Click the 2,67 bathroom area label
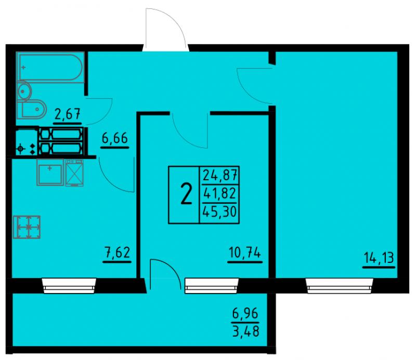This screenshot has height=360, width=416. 68,114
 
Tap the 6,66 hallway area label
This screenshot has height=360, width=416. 115,138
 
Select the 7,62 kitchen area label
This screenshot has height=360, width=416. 117,252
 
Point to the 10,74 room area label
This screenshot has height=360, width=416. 245,252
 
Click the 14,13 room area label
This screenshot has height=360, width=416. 379,258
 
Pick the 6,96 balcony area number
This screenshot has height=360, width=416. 245,314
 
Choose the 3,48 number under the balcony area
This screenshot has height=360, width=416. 245,331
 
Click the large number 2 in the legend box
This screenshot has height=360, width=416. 186,194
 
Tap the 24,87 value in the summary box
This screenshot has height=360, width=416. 220,175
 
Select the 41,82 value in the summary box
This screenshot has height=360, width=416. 219,194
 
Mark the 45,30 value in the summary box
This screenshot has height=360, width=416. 219,212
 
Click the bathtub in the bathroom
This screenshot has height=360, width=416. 50,67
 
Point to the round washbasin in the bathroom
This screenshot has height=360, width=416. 24,91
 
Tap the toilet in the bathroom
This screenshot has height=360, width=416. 31,109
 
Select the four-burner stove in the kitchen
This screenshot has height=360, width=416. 27,227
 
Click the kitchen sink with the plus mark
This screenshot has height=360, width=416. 50,172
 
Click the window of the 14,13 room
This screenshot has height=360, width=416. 340,286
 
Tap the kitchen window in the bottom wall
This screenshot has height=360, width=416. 69,286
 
